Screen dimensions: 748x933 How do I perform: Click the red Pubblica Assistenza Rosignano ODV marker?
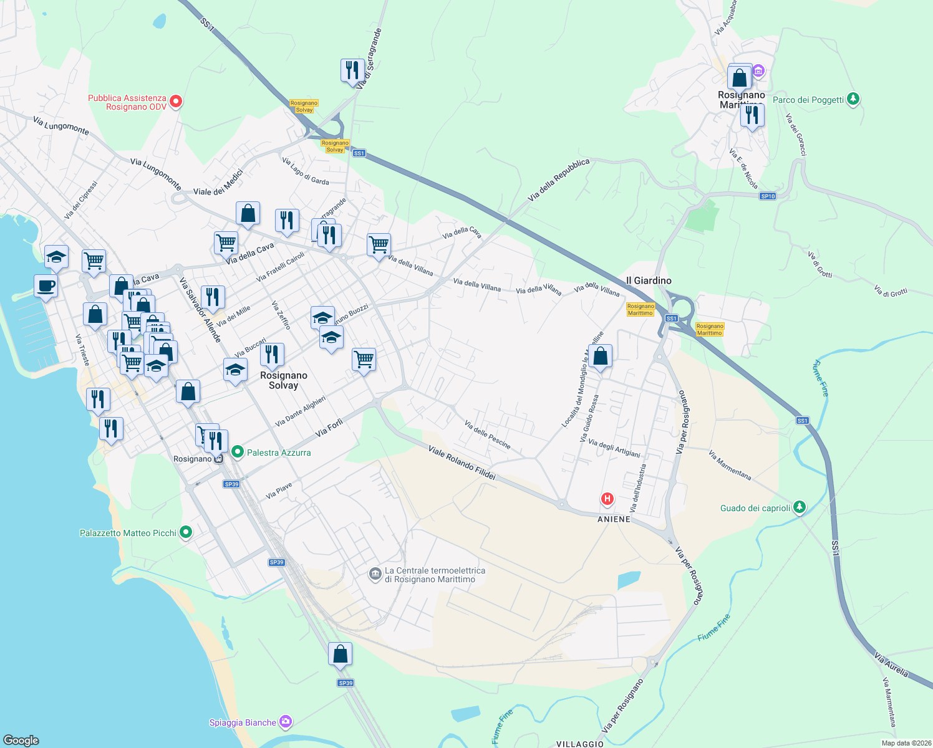(176, 101)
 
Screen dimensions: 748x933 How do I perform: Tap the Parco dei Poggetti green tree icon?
(853, 99)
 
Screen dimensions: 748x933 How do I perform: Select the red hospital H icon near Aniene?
(607, 499)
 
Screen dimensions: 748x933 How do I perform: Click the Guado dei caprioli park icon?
(800, 507)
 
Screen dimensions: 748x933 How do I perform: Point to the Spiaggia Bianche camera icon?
(286, 722)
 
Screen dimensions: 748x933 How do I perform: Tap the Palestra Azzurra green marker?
(237, 452)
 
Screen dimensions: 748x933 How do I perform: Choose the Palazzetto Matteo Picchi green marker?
(185, 532)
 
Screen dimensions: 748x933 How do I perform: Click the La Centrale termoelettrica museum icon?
(375, 574)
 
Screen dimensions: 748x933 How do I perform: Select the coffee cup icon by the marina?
(46, 286)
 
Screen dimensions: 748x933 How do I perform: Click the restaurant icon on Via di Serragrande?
(352, 70)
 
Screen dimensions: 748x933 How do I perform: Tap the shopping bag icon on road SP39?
(340, 654)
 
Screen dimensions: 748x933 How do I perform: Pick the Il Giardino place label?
(649, 280)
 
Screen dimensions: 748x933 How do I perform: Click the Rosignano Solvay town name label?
(284, 380)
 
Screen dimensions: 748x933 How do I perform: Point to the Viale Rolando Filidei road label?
(462, 463)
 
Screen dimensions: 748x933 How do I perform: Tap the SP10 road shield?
(768, 196)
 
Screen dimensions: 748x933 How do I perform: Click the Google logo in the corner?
(21, 740)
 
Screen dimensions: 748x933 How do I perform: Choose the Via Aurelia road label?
(891, 666)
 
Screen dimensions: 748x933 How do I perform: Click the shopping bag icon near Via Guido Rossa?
(601, 357)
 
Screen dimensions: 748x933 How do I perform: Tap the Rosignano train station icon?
(218, 459)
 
